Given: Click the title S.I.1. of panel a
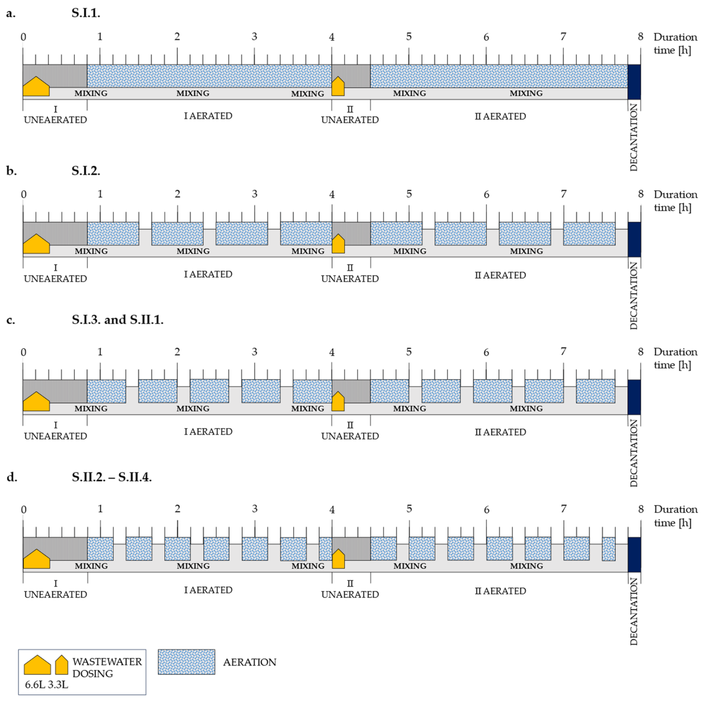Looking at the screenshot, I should click(x=86, y=13).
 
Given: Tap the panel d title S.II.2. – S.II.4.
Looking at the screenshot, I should click(x=111, y=477).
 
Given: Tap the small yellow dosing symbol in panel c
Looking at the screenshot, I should click(x=338, y=402).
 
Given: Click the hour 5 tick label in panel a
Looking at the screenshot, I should click(x=409, y=36).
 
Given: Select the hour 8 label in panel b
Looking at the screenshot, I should click(x=641, y=194).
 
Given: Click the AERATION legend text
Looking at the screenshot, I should click(x=249, y=662).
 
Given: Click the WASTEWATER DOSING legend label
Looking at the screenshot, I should click(x=107, y=668).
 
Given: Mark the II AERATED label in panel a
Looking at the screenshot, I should click(x=500, y=116).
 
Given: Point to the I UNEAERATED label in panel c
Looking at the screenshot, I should click(x=55, y=431).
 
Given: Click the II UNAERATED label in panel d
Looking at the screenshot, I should click(x=350, y=589).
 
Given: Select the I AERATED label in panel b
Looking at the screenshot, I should click(x=208, y=274).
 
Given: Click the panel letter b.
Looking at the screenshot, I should click(x=11, y=171).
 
